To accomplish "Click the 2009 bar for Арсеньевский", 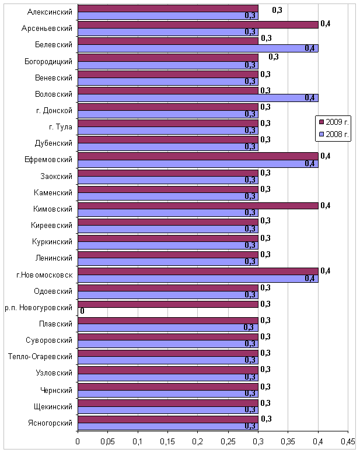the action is (x=198, y=25).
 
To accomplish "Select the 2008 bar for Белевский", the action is (x=198, y=48).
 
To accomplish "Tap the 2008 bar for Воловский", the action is (x=198, y=98).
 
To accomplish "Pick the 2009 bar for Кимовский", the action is (x=198, y=206).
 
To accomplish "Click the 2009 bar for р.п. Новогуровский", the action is (x=168, y=304).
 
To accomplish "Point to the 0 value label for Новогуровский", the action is (x=82, y=311).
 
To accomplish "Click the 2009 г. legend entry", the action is (x=334, y=122).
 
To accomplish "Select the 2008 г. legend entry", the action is (x=334, y=134).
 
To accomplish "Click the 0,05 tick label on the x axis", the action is (x=107, y=441).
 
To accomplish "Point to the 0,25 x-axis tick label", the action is (x=228, y=441).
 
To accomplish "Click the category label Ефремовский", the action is (x=48, y=160).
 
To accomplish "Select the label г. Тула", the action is (x=61, y=127).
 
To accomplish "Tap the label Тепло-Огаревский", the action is (x=40, y=356).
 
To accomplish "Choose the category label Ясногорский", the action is (x=50, y=423).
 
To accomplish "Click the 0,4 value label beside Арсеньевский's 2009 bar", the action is (x=326, y=24).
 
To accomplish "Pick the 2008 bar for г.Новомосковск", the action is (x=198, y=279).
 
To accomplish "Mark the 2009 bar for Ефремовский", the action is (x=198, y=156).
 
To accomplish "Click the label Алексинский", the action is (x=50, y=12).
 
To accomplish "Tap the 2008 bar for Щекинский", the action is (x=168, y=410).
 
